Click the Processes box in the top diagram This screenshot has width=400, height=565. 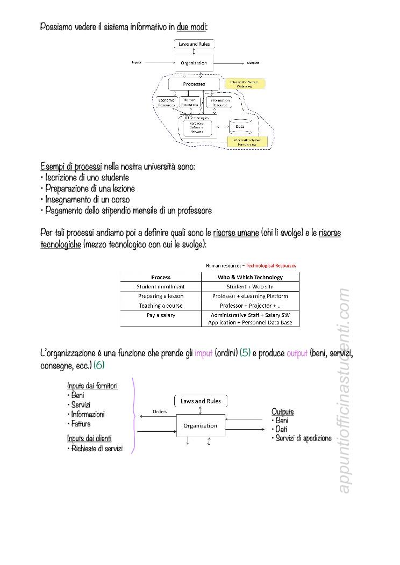pos(194,84)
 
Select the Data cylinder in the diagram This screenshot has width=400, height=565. pos(240,127)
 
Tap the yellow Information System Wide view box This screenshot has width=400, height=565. pos(245,84)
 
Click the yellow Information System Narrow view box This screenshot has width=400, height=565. pos(247,142)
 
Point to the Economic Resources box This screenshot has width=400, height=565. pos(166,103)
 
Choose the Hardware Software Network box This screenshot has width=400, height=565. pos(197,127)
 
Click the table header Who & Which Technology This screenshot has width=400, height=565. pos(250,277)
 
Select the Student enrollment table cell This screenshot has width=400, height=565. pos(161,287)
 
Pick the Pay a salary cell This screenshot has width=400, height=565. pos(161,315)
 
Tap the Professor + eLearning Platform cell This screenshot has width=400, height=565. pos(250,296)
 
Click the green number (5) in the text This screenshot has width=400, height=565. pos(245,353)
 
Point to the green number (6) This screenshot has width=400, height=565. pos(99,365)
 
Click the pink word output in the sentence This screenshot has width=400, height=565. pos(297,353)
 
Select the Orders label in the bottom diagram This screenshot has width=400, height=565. pos(160,411)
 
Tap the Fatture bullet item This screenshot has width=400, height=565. pos(81,424)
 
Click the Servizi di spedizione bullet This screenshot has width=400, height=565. pos(303,438)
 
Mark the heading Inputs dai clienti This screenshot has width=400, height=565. pos(89,438)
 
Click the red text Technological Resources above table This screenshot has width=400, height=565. pos(270,265)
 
